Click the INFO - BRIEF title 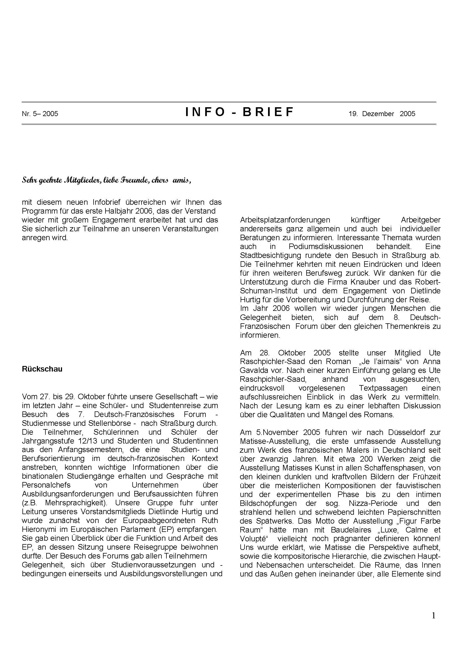pyautogui.click(x=240, y=112)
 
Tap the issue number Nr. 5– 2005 pyautogui.click(x=40, y=114)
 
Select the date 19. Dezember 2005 pyautogui.click(x=382, y=114)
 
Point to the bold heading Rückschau pyautogui.click(x=42, y=369)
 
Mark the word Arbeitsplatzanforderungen pyautogui.click(x=285, y=220)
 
